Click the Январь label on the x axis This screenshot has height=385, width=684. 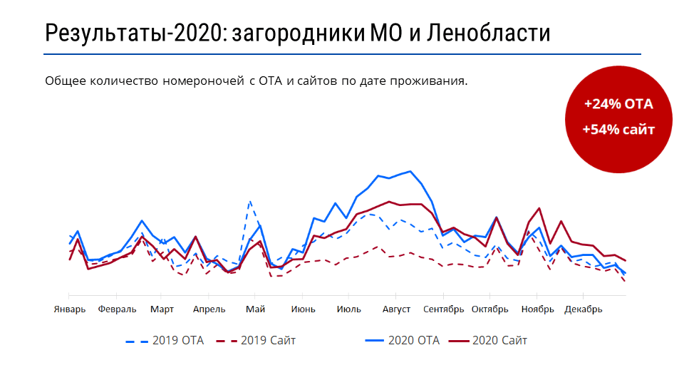coord(70,309)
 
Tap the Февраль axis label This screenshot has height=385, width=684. coord(118,309)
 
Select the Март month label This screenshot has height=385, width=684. coord(162,309)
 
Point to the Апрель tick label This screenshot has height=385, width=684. coord(209,309)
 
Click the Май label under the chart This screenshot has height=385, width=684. coord(255,309)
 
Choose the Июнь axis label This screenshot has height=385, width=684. coord(303,309)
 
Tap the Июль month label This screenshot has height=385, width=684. coord(348,309)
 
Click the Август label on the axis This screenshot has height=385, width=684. coord(396,309)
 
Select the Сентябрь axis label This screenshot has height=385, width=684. coord(443,309)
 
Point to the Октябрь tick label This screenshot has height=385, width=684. coord(489,309)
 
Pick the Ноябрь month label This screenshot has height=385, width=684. coord(537,309)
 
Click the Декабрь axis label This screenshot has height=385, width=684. coord(583,309)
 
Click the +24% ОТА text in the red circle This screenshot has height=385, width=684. coord(618,104)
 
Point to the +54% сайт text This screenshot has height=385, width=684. coord(618,130)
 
